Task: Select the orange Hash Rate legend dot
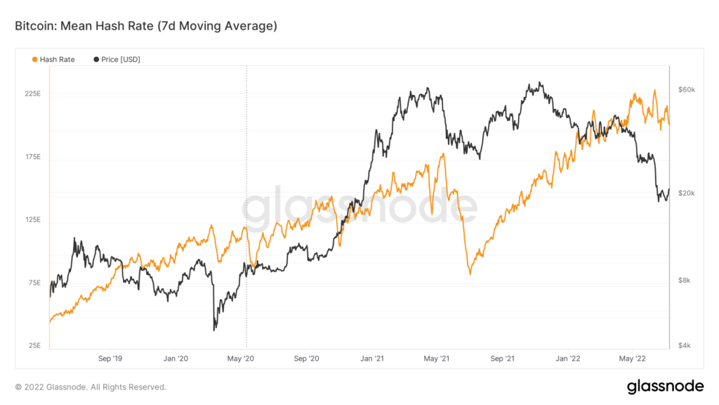point(35,60)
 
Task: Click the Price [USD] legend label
point(120,60)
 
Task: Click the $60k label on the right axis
point(686,90)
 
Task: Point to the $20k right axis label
point(686,193)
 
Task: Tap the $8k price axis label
point(685,281)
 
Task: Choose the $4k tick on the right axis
point(685,346)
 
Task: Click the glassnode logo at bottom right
point(664,386)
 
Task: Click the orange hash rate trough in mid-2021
point(470,274)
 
